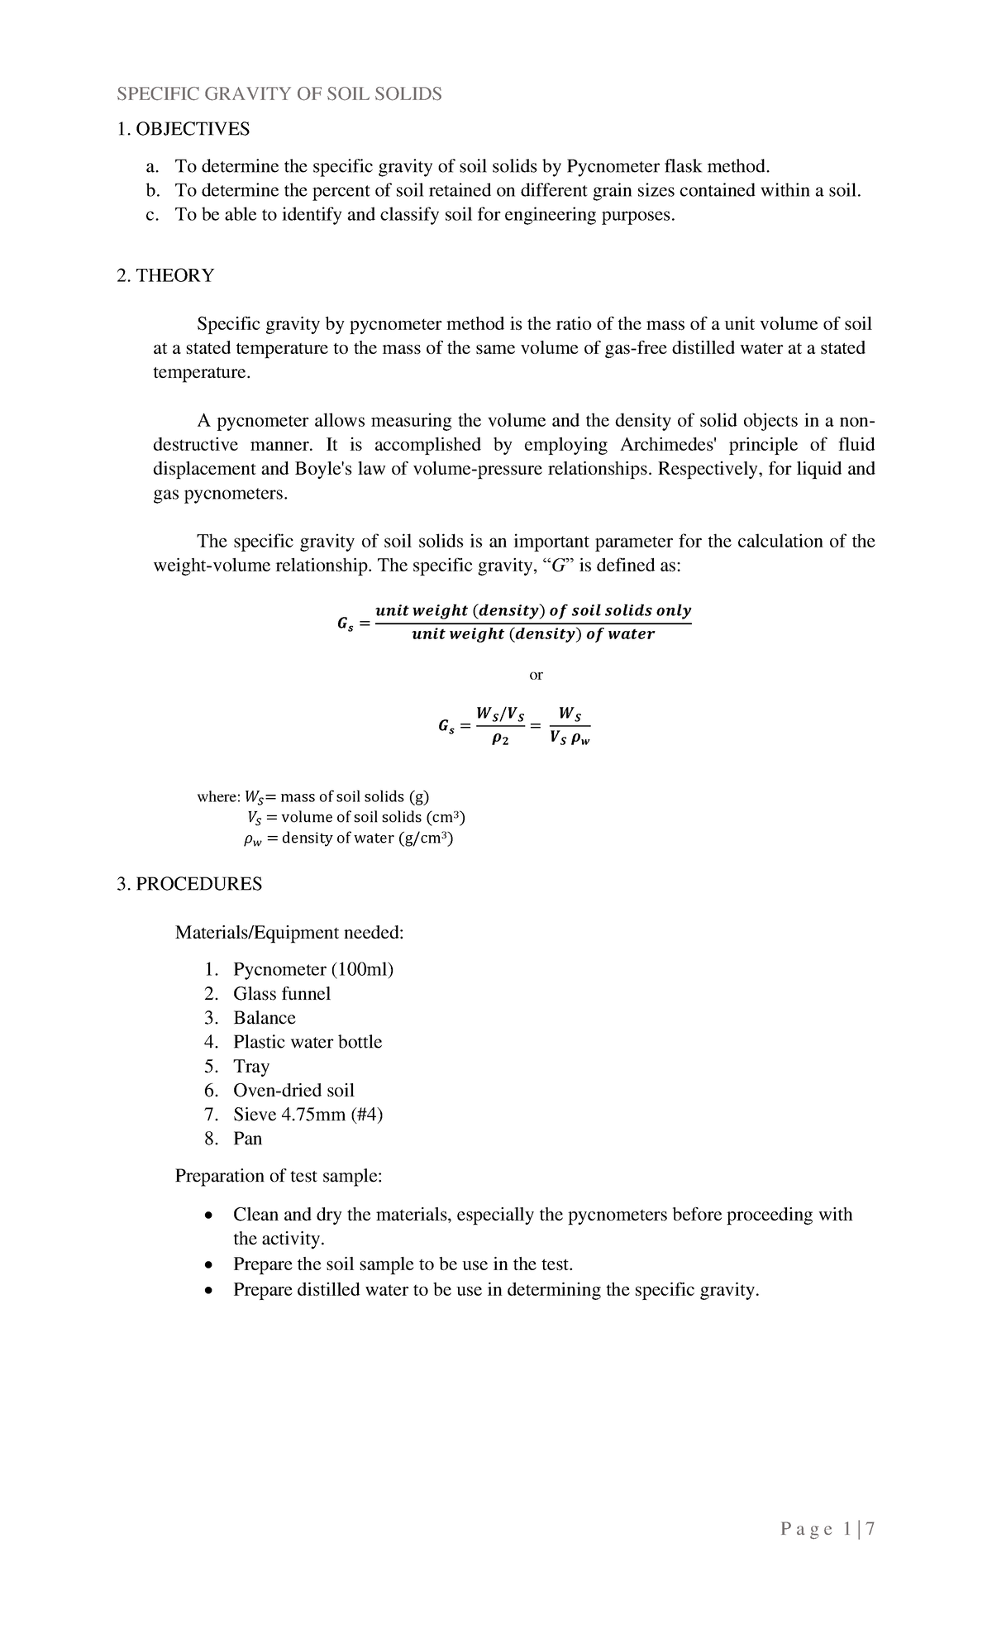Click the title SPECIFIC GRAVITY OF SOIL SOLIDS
coord(279,94)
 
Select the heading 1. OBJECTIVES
coord(183,129)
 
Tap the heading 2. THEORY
coord(165,275)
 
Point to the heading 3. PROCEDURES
coord(189,884)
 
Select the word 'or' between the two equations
coord(536,675)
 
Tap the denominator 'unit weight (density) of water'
coord(533,634)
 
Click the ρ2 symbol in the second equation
coord(499,741)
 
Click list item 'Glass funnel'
coord(281,994)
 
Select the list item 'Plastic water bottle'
coord(308,1042)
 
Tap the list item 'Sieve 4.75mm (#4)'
coord(308,1114)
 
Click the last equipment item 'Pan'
coord(247,1139)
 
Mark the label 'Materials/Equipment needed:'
coord(289,933)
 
